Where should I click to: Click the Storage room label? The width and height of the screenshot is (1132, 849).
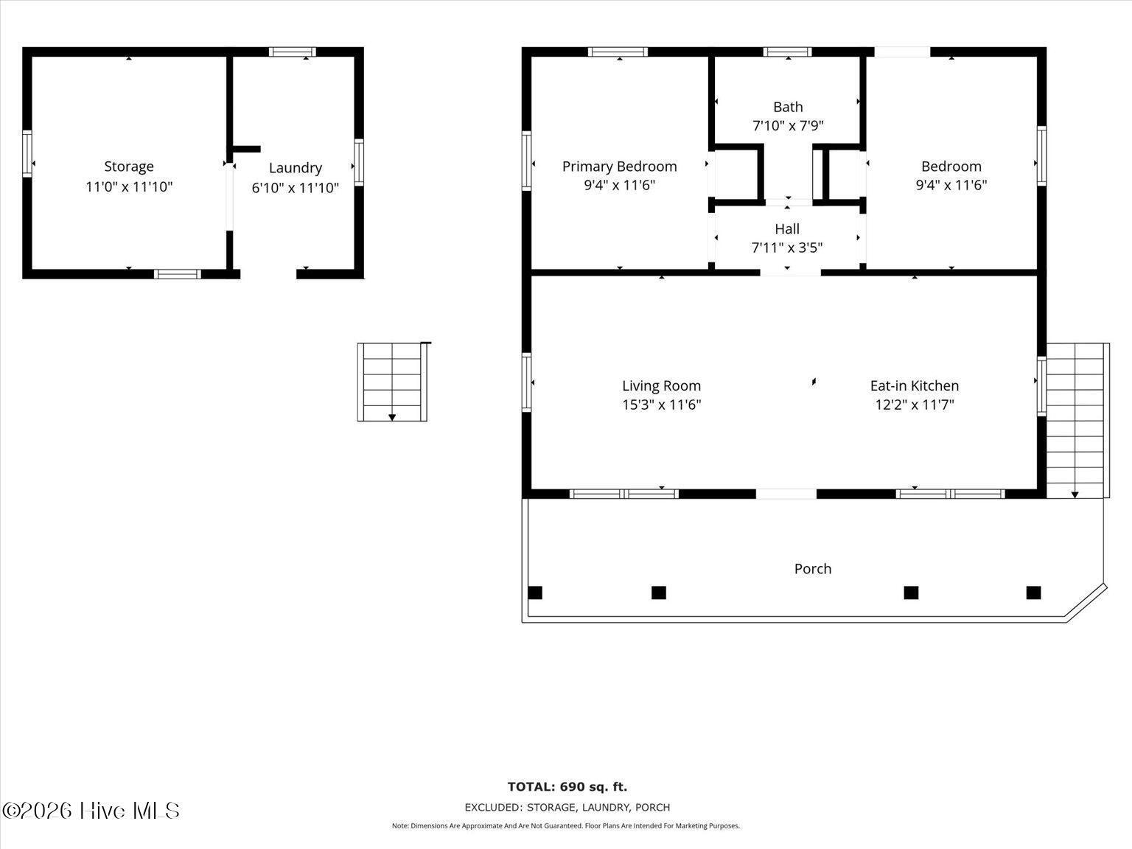pos(129,167)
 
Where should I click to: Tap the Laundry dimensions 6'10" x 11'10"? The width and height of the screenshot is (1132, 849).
pos(295,188)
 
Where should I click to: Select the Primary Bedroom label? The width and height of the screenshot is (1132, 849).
pos(619,167)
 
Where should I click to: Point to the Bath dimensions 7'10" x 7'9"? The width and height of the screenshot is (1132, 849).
pos(788,125)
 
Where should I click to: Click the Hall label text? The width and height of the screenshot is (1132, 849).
pos(787,229)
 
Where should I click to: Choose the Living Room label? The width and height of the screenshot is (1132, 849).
pos(661,386)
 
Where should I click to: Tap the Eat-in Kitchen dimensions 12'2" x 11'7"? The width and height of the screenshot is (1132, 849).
pos(915,405)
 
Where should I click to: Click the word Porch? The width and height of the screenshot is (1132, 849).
pos(813,568)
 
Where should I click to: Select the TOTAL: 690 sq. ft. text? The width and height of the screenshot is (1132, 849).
pos(567,786)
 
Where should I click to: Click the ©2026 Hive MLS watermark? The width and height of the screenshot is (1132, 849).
pos(91,811)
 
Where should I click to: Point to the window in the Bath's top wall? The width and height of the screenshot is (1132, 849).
pos(787,52)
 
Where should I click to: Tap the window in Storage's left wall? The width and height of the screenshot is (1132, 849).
pos(27,153)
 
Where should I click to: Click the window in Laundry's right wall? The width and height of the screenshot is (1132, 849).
pos(359,162)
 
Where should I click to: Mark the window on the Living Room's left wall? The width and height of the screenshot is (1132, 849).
pos(526,382)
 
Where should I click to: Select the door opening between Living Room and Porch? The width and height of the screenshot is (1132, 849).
pos(786,494)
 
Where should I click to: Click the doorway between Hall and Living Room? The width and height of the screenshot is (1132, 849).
pos(790,272)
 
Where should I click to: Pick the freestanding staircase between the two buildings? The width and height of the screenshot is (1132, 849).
pos(393,382)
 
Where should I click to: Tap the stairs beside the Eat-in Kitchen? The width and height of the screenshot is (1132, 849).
pos(1077,420)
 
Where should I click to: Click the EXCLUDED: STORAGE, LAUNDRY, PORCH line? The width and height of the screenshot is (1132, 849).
pos(567,807)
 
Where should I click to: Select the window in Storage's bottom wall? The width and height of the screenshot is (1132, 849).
pos(178,274)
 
